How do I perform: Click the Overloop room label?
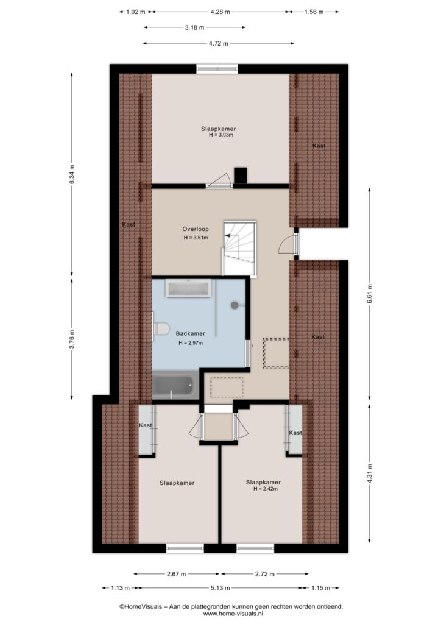point(196,229)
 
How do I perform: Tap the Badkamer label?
point(191,333)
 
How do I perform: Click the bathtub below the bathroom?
point(175,385)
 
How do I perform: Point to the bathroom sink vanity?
point(188,288)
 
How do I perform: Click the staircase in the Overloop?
point(239,249)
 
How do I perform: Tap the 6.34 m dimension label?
point(72,174)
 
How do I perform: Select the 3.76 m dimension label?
point(72,339)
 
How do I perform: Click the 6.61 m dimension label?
point(369,293)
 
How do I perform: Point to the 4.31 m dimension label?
point(369,473)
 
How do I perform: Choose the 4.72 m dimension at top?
point(219,43)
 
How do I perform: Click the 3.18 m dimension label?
point(194,27)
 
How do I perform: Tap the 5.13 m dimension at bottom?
point(220,588)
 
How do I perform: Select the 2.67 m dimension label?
point(176,574)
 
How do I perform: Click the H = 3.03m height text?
point(220,135)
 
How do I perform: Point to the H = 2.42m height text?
point(265,489)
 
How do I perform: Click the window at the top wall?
point(217,69)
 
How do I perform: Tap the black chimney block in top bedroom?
point(241,175)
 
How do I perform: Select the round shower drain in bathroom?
point(235,305)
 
